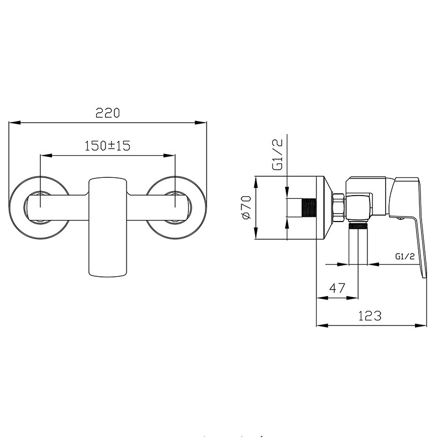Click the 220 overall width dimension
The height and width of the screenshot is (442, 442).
108,113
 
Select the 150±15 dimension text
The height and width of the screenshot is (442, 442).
108,146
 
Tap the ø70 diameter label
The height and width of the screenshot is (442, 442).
246,207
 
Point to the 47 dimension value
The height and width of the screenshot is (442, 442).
337,288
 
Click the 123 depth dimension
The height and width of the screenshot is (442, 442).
370,315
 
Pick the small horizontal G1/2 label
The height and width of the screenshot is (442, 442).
405,256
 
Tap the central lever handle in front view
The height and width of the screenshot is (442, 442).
108,227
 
